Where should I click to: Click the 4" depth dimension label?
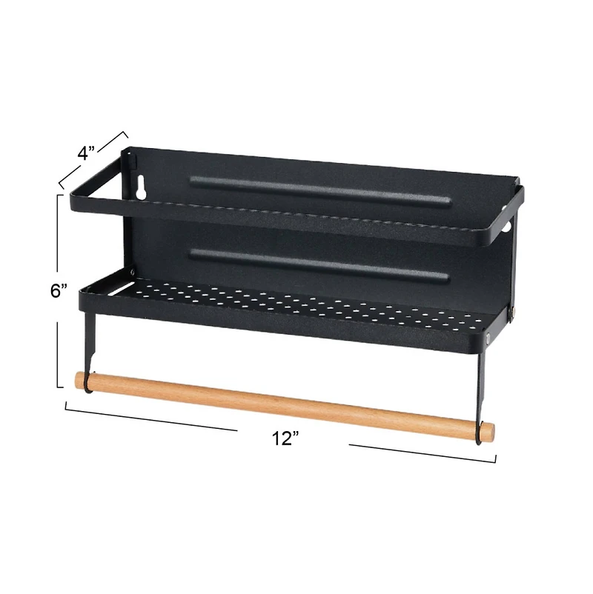(x=87, y=154)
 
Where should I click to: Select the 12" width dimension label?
(x=285, y=438)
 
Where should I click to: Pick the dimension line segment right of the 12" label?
(x=423, y=453)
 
